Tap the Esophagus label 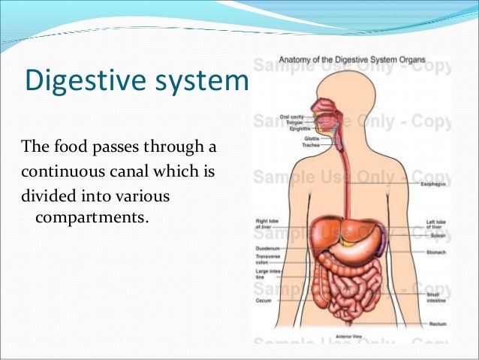(436, 183)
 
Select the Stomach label (436, 253)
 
